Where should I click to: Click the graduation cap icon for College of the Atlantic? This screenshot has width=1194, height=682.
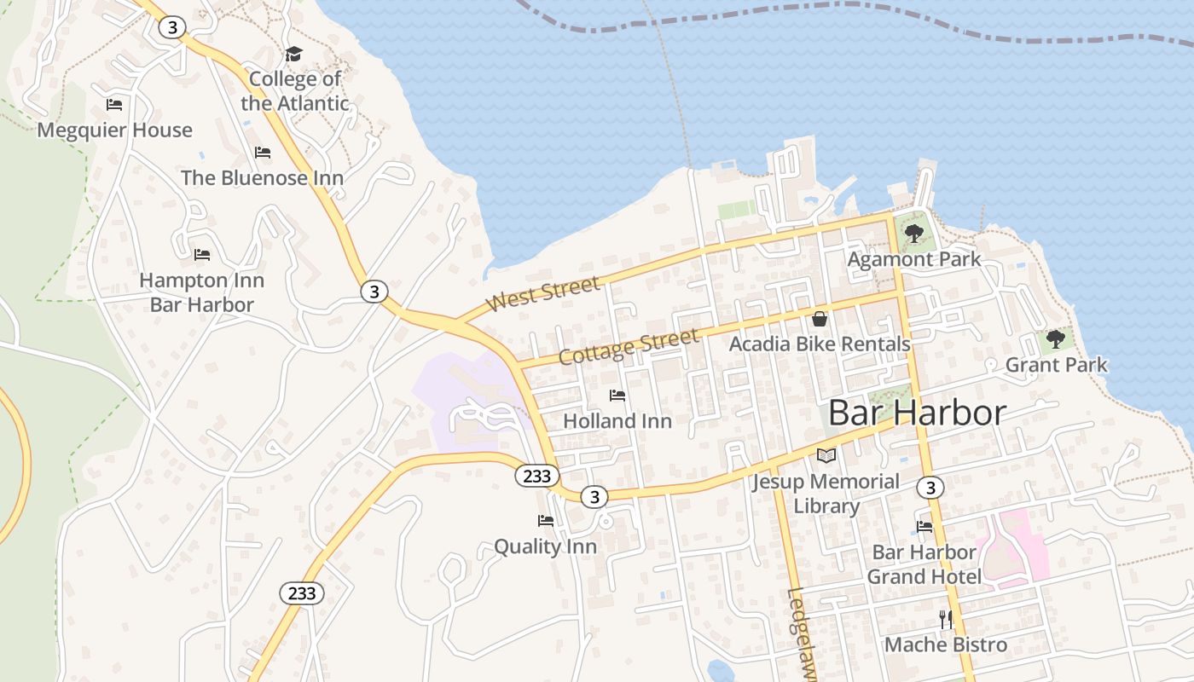point(294,55)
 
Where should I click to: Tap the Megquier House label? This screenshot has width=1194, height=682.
point(114,130)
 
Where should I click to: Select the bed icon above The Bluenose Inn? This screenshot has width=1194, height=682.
point(263,153)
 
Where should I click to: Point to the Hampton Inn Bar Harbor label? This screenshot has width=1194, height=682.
point(202,292)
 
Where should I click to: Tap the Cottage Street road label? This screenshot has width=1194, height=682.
point(629,346)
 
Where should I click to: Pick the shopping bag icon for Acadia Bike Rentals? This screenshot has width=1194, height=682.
point(820,319)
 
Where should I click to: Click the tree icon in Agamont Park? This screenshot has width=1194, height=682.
point(914,233)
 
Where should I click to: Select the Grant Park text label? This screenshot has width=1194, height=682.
point(1056,365)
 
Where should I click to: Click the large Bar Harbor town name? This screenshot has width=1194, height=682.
point(917,413)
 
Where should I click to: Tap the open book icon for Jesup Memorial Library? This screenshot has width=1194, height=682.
point(826,456)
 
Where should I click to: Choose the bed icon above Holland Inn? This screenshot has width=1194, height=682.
point(617,396)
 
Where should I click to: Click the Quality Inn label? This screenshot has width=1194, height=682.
point(545,546)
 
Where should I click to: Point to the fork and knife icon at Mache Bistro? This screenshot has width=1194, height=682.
point(945,620)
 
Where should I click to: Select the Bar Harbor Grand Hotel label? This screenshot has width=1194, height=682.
point(924,564)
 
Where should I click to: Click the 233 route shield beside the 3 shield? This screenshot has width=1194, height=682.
point(536,476)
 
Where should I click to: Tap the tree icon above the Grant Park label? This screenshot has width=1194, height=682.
point(1056,339)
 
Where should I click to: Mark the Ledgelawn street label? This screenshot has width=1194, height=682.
point(803,635)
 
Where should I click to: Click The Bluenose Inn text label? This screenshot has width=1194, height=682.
point(262,178)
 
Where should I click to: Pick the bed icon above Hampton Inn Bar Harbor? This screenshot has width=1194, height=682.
point(202,255)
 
